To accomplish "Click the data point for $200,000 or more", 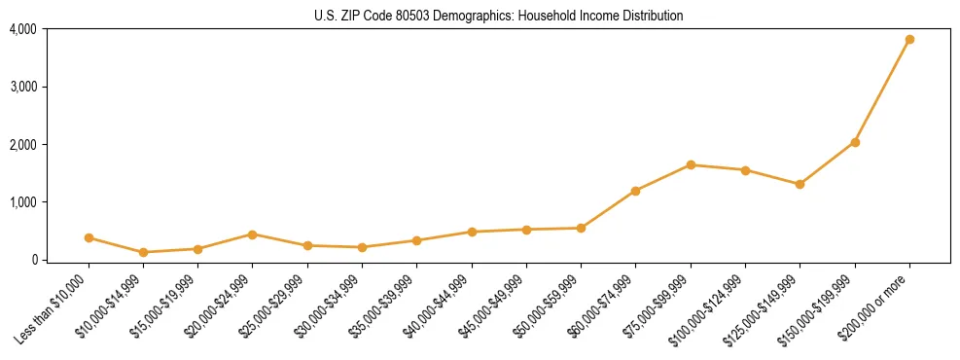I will (909, 40).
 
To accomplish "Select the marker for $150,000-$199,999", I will (855, 142).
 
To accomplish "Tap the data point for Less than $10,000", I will (89, 237).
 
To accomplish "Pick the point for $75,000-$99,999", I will (691, 164).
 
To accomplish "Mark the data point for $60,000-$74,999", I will (636, 191).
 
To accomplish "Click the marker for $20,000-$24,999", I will (253, 234).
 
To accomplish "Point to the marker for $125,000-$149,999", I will (800, 184).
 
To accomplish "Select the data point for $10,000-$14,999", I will (143, 252).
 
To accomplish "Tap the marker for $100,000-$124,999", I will (745, 170).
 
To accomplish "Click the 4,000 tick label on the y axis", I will (23, 29).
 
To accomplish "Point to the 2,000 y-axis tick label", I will (23, 145).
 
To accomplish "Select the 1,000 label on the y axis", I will (23, 202).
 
